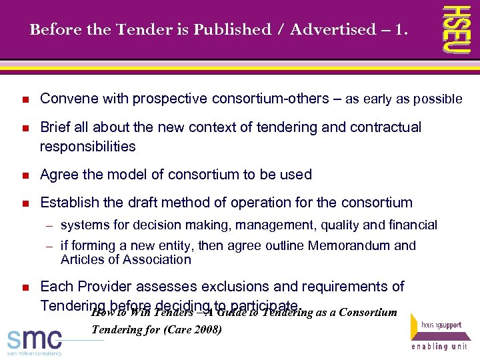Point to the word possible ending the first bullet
437,99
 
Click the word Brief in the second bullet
55,127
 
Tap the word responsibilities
87,146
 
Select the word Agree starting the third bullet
59,175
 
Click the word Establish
69,202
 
